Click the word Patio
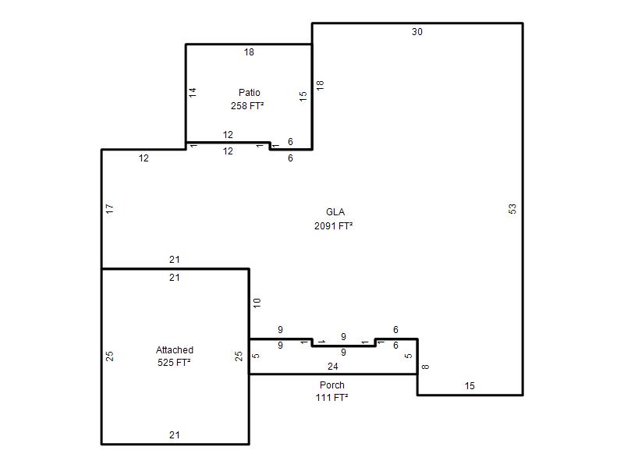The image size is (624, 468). [249, 93]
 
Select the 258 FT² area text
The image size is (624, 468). [247, 106]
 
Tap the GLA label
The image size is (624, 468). [335, 212]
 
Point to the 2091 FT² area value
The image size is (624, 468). [334, 226]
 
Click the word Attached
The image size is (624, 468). [174, 350]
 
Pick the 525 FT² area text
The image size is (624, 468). [174, 363]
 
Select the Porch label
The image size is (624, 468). [332, 385]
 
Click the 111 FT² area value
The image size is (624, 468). [332, 398]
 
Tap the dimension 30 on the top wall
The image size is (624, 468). [417, 32]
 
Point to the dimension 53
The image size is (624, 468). [512, 208]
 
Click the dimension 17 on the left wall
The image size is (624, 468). [110, 208]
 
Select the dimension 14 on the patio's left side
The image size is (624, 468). [193, 93]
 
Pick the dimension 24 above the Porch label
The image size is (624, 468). [333, 367]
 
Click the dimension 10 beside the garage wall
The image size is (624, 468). [257, 303]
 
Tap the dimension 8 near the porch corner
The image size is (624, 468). [425, 367]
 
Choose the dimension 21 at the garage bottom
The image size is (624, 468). [174, 435]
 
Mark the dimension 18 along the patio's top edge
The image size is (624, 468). [249, 52]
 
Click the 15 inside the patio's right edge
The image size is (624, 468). [303, 96]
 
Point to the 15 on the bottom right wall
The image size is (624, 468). [470, 386]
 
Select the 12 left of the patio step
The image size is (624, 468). [144, 158]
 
